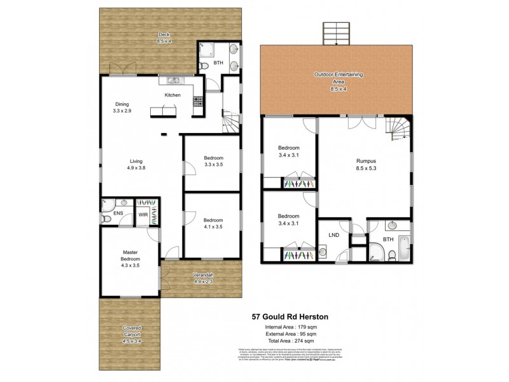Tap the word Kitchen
pos(172,95)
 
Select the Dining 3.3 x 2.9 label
pos(122,108)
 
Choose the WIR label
pos(144,215)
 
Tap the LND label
pos(333,235)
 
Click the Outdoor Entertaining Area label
pos(338,78)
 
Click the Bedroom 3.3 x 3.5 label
pos(213,161)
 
